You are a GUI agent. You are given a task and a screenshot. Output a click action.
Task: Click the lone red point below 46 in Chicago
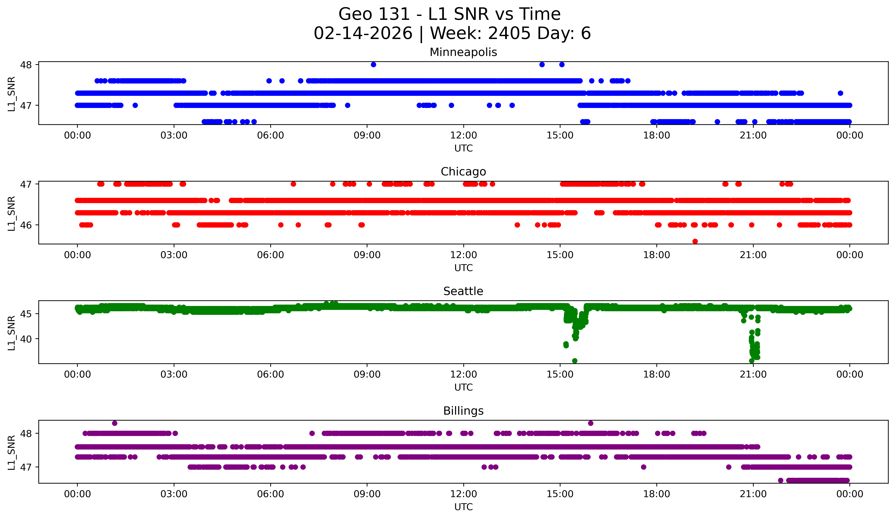pos(695,241)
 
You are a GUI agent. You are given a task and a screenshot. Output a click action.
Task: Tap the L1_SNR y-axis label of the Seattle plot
pos(11,332)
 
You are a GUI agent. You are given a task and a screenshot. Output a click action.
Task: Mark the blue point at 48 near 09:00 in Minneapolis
pos(373,65)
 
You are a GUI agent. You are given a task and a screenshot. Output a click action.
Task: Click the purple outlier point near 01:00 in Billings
pos(114,423)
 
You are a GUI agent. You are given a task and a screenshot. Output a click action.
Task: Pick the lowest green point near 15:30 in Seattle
pos(575,361)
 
